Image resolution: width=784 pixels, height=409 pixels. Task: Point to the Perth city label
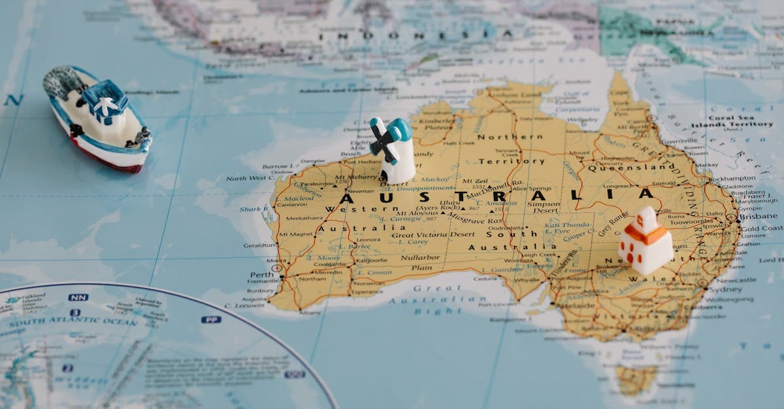(x=261, y=275)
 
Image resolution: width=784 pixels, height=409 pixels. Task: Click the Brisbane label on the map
(x=759, y=216)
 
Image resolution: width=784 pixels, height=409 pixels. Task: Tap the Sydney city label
(x=725, y=290)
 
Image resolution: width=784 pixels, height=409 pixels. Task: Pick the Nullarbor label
(x=420, y=258)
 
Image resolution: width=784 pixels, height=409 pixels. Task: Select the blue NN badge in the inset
(x=78, y=297)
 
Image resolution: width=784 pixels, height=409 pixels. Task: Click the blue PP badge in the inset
(x=210, y=320)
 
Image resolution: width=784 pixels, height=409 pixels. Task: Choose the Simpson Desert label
(x=544, y=207)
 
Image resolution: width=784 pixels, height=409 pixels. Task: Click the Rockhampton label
(x=732, y=178)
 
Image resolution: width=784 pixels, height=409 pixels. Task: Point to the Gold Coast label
(x=761, y=228)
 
